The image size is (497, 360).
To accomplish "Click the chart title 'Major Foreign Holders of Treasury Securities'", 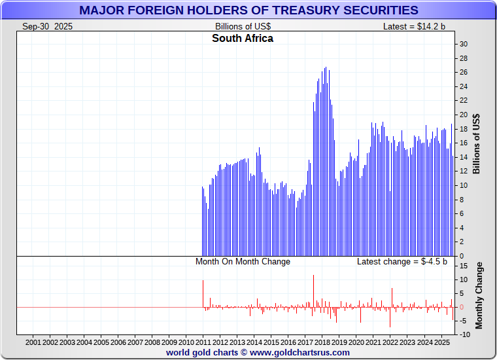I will tap(248, 10).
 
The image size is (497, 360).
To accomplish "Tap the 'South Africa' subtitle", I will tap(243, 39).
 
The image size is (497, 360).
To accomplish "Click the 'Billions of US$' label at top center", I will tap(243, 26).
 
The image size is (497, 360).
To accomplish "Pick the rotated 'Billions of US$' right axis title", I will tap(477, 144).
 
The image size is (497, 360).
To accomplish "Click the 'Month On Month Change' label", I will tap(243, 262).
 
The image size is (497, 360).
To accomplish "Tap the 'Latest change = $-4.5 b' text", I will tap(402, 262).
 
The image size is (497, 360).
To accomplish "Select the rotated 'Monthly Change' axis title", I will tap(479, 295).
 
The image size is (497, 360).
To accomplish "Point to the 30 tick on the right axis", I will tap(463, 44).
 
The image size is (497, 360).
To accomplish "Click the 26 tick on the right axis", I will tap(463, 72).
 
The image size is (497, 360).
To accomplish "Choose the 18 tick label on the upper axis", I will tap(463, 129).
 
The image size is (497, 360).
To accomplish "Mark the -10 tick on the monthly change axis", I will tap(465, 335).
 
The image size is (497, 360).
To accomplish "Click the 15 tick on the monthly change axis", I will tap(463, 266).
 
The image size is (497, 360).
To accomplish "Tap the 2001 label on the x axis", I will tap(34, 342).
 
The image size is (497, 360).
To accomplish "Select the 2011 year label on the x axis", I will tap(203, 342).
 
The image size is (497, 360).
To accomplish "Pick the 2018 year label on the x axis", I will tap(322, 342).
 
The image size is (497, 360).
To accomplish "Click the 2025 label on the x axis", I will tap(441, 342).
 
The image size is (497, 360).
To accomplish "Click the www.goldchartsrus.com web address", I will tap(300, 352).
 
